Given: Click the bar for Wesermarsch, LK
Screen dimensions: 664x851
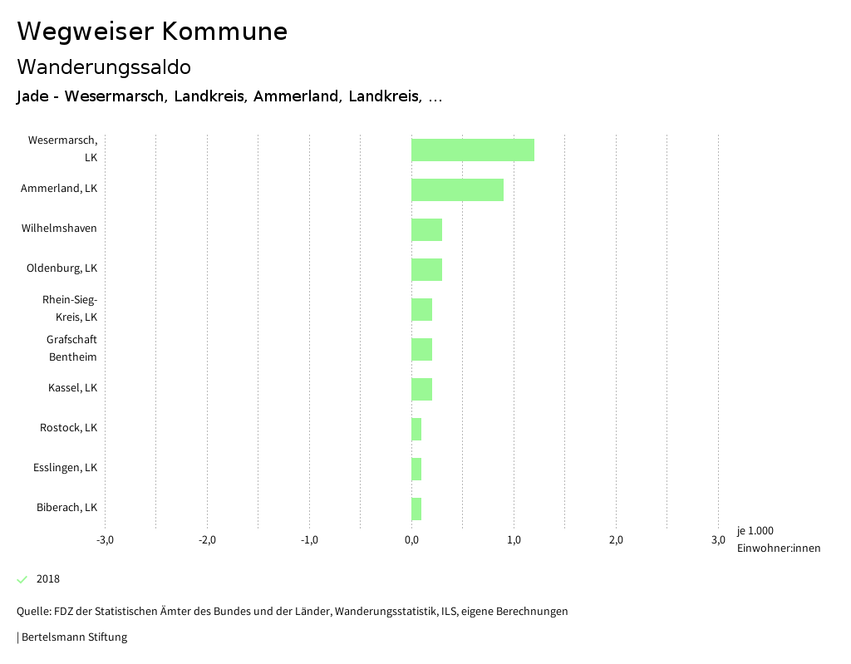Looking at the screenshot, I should pyautogui.click(x=472, y=150).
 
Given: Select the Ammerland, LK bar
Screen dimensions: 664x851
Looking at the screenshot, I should pyautogui.click(x=457, y=189).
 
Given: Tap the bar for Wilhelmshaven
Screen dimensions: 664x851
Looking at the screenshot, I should pyautogui.click(x=426, y=229).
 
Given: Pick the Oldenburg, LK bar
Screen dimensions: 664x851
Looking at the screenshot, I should pyautogui.click(x=426, y=269).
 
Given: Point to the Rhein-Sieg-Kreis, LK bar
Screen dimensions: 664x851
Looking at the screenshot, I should pyautogui.click(x=421, y=309).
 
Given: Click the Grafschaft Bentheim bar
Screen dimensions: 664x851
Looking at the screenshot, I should pyautogui.click(x=421, y=349).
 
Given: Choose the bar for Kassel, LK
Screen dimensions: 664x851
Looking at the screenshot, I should pyautogui.click(x=421, y=389).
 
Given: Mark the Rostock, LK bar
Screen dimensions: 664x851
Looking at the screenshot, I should pyautogui.click(x=416, y=429).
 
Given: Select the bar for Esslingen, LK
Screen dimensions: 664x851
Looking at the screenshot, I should pyautogui.click(x=416, y=469).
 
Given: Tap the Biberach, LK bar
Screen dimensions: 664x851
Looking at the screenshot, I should pyautogui.click(x=416, y=509).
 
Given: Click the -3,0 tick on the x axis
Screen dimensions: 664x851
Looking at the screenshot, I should pyautogui.click(x=105, y=540).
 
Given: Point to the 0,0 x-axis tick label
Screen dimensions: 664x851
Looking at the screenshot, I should pyautogui.click(x=411, y=540).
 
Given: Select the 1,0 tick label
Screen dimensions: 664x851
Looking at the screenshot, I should pyautogui.click(x=514, y=540).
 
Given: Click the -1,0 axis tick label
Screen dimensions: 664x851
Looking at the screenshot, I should pyautogui.click(x=309, y=540).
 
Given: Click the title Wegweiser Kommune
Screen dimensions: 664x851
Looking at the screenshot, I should pyautogui.click(x=152, y=32).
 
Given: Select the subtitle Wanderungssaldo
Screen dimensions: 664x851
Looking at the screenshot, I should pyautogui.click(x=104, y=66).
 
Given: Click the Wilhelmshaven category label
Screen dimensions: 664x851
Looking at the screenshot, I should pyautogui.click(x=59, y=229).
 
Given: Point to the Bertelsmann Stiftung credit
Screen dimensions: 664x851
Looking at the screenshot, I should pyautogui.click(x=73, y=637).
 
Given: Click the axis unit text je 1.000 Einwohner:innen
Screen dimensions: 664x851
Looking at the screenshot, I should pyautogui.click(x=778, y=539).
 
